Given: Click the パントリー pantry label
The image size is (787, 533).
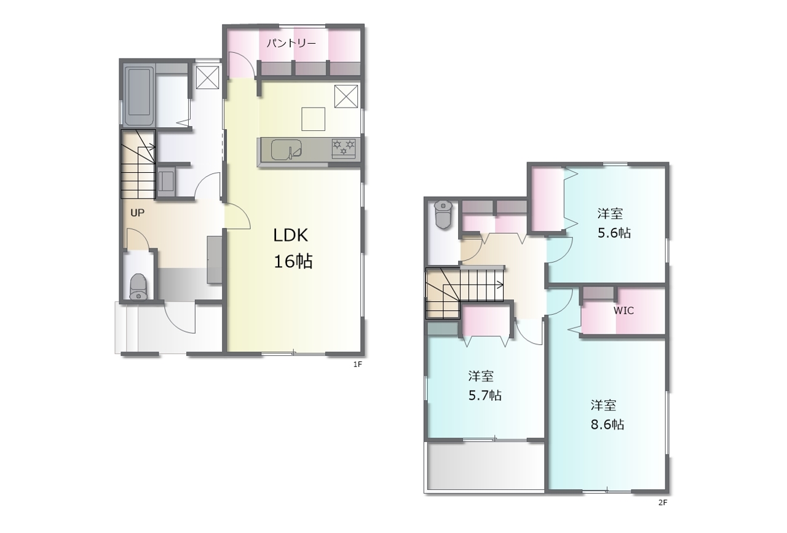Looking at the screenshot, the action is (291, 43).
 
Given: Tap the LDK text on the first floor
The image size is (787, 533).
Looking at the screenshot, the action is (291, 235).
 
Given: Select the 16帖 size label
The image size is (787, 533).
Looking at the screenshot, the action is (293, 261).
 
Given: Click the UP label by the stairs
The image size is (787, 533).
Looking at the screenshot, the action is (137, 213).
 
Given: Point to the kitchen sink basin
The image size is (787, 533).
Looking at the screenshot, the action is (287, 149).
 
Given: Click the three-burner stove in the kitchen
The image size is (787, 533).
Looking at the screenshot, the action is (344, 149).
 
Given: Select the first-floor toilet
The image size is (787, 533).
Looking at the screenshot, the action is (138, 286).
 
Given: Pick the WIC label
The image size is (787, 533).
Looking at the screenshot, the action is (623, 310).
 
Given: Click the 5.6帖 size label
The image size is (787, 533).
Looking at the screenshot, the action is (614, 233).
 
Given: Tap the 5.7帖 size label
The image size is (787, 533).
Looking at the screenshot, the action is (485, 396).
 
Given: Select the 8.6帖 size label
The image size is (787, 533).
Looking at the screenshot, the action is (607, 425).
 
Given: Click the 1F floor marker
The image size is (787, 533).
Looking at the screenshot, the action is (358, 365).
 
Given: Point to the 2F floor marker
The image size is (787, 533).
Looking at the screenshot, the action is (663, 502).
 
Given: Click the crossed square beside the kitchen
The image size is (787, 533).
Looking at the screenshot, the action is (346, 97).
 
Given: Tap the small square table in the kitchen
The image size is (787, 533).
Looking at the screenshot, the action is (313, 119).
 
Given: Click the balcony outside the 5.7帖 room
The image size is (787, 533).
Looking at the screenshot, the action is (486, 465).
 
